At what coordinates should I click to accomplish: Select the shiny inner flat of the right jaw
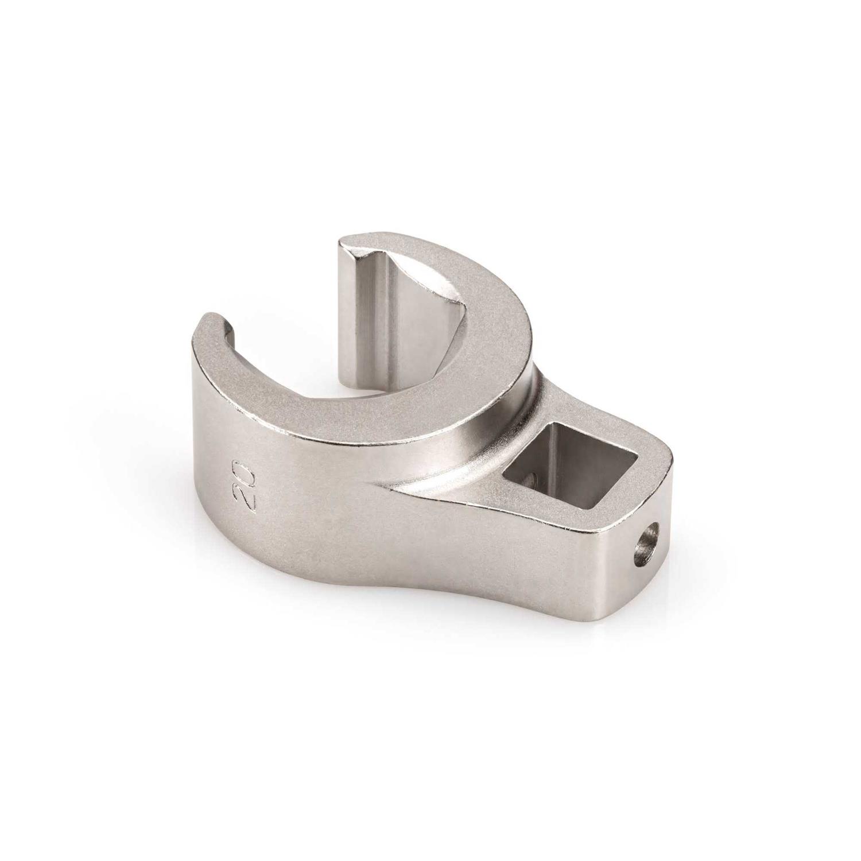(x=367, y=321)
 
